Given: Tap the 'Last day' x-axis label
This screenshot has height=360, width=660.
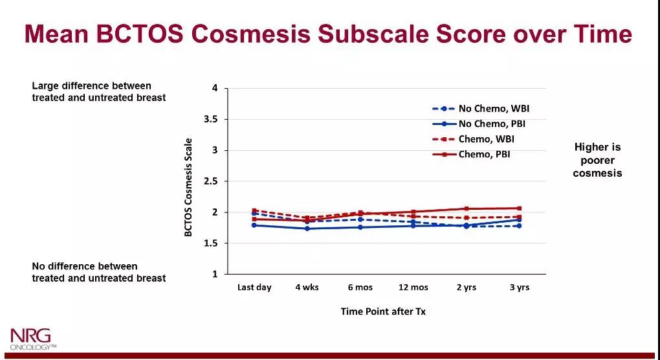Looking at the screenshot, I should click(254, 287).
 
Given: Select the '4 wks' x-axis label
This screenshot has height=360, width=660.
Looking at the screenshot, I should click(307, 287).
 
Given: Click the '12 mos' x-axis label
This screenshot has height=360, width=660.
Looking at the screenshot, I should click(413, 287).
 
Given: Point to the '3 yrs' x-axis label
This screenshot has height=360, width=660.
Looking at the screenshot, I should click(519, 287).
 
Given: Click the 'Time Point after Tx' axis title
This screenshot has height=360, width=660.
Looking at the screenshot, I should click(383, 311).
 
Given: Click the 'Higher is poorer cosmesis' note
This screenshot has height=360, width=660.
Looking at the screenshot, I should click(597, 160).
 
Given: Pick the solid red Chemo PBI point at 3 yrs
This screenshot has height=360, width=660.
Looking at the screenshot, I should click(519, 208).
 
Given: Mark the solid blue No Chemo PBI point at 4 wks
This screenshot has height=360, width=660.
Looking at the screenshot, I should click(307, 229).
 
